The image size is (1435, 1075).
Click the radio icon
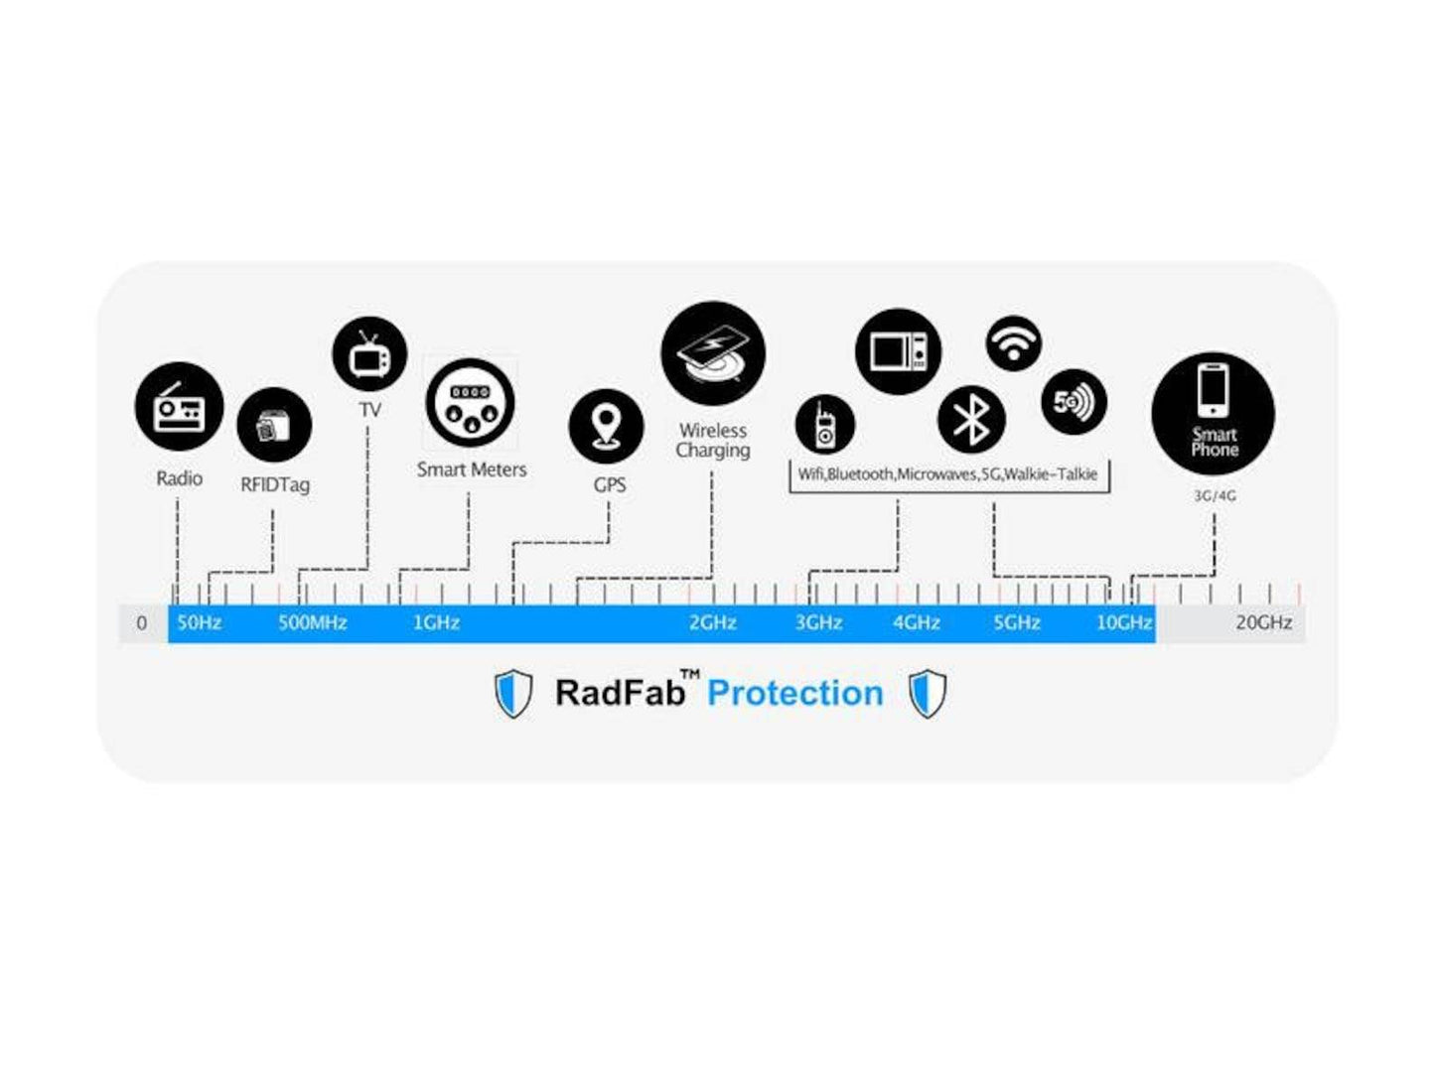tap(180, 406)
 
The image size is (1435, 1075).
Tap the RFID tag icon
tap(274, 425)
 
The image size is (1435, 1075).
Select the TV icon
tap(369, 354)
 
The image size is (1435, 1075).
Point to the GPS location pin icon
tap(606, 427)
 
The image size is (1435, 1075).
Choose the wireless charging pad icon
tap(713, 354)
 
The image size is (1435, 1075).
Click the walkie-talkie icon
tap(824, 425)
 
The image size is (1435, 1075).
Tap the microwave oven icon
tap(898, 351)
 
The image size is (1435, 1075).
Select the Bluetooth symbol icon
tap(971, 419)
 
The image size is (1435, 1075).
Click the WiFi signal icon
tap(1013, 343)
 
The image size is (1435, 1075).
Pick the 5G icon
tap(1074, 402)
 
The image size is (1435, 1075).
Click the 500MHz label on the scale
tap(313, 623)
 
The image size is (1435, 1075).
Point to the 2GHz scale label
tap(713, 623)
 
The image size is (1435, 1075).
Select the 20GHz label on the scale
tap(1263, 623)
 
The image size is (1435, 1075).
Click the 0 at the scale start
tap(142, 623)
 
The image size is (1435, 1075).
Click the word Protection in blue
tap(794, 693)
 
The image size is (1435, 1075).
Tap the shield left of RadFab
tap(513, 693)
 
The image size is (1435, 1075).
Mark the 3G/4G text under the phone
tap(1215, 495)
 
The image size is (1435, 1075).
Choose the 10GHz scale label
tap(1123, 623)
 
